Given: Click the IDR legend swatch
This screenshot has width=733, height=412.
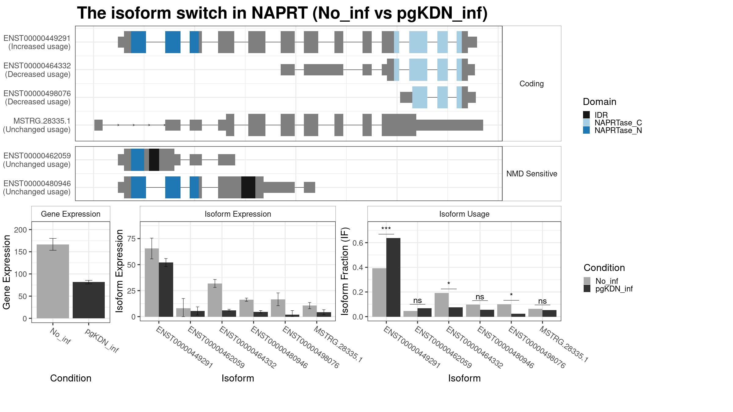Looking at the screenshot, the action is pyautogui.click(x=586, y=115).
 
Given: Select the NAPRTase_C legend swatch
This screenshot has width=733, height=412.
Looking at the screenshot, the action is pyautogui.click(x=586, y=123).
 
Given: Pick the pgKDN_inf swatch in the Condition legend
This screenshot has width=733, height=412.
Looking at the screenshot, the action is pyautogui.click(x=587, y=289).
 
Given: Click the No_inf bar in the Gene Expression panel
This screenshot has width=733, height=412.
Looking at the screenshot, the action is pyautogui.click(x=53, y=281).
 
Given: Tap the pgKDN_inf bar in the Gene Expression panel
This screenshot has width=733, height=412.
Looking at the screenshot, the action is pyautogui.click(x=89, y=300).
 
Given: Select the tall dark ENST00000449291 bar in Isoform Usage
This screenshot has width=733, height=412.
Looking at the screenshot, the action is pyautogui.click(x=393, y=277).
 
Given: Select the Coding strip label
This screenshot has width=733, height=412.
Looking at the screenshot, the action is pyautogui.click(x=531, y=84).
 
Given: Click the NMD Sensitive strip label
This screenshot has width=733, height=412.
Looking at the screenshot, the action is pyautogui.click(x=532, y=174).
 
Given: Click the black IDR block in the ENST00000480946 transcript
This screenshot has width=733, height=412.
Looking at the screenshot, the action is pyautogui.click(x=248, y=187).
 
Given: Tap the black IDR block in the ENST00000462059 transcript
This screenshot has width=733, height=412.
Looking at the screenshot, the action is pyautogui.click(x=154, y=160).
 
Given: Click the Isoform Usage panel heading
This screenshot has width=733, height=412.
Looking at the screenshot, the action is pyautogui.click(x=464, y=214).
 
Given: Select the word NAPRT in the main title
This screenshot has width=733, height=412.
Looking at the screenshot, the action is pyautogui.click(x=279, y=13).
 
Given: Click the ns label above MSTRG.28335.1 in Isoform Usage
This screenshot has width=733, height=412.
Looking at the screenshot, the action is pyautogui.click(x=542, y=301).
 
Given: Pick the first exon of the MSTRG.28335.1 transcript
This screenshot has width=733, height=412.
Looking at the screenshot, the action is pyautogui.click(x=98, y=125).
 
